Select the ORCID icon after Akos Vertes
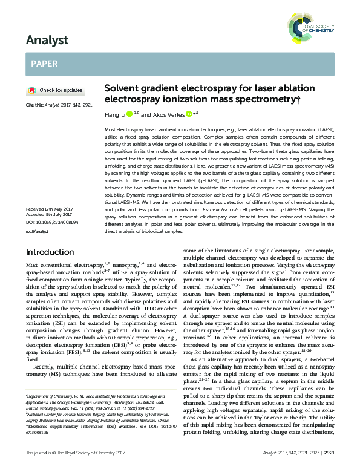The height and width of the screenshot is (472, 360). coord(189,113)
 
